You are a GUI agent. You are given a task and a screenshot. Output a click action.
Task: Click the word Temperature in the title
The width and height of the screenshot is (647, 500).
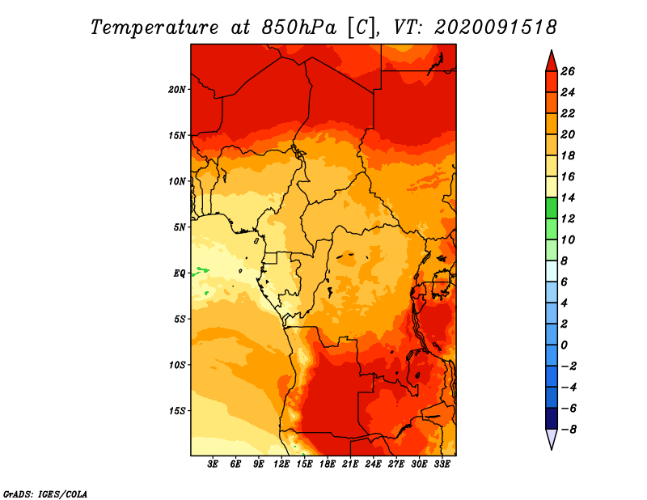154,28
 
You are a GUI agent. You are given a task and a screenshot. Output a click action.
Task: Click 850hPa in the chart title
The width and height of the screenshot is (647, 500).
298,28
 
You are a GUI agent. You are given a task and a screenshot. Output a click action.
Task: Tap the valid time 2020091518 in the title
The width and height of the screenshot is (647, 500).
496,28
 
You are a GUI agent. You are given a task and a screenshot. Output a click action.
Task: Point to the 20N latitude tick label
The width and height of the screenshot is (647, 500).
177,90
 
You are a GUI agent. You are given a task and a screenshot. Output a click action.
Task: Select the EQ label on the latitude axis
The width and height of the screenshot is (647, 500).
179,273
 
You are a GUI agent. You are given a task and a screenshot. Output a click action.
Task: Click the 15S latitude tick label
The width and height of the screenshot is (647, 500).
177,411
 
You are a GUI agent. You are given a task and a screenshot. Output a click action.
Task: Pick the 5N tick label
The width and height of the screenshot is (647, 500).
180,227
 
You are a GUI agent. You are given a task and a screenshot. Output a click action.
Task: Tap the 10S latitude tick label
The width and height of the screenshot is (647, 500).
177,365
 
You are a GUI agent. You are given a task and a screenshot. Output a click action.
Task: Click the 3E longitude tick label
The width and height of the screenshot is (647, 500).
213,464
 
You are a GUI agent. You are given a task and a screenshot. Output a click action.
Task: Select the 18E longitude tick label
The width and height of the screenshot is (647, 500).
328,464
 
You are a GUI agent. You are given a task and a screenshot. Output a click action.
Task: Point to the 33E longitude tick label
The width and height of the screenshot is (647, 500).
442,464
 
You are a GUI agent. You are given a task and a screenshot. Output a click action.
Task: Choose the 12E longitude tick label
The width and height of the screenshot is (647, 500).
281,464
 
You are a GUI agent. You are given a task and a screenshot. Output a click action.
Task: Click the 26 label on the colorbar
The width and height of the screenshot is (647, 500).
568,71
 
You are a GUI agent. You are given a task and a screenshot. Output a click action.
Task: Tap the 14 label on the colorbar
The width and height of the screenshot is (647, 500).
568,197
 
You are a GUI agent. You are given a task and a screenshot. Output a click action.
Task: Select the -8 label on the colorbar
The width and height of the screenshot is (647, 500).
569,430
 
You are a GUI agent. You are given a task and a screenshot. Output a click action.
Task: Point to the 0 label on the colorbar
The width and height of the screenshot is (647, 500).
564,345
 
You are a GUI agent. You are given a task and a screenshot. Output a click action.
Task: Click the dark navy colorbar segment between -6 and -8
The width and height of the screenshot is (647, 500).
552,418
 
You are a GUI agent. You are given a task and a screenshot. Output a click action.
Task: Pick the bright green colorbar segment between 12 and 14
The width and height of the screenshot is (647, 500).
552,208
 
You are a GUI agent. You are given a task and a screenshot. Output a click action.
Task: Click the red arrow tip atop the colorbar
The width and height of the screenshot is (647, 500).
552,50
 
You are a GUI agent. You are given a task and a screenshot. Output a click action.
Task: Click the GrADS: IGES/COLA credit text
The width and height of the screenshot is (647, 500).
45,494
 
